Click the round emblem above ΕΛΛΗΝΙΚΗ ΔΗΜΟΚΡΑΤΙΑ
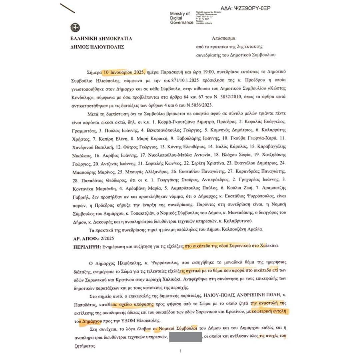[75, 28]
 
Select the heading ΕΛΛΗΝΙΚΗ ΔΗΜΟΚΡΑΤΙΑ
[101, 38]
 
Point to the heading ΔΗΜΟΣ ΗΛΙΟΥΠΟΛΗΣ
[97, 47]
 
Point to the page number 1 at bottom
[180, 351]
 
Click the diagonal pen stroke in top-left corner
[67, 8]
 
